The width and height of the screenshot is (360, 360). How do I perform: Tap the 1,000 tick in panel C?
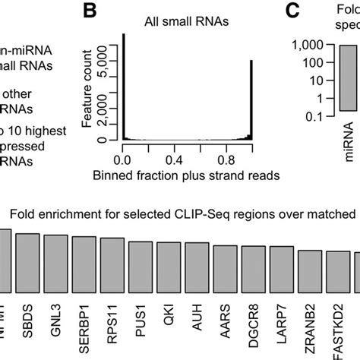pos(308,46)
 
